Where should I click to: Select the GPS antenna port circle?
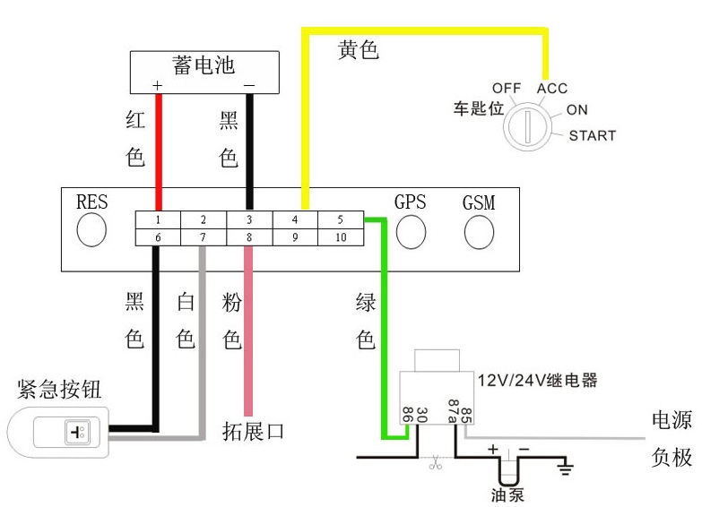[x=411, y=231]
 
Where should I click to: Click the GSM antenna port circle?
[x=479, y=231]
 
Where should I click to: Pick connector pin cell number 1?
[x=157, y=219]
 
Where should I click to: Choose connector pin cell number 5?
[x=340, y=219]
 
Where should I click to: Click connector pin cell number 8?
[x=248, y=236]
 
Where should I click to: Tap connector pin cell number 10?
[x=340, y=236]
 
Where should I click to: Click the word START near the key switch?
[x=593, y=136]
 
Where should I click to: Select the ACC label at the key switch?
[x=552, y=89]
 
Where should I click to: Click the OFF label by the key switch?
[x=507, y=88]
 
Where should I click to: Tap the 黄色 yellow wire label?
[x=359, y=50]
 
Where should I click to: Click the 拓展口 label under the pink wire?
[x=253, y=431]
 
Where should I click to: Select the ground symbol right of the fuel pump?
[x=565, y=466]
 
